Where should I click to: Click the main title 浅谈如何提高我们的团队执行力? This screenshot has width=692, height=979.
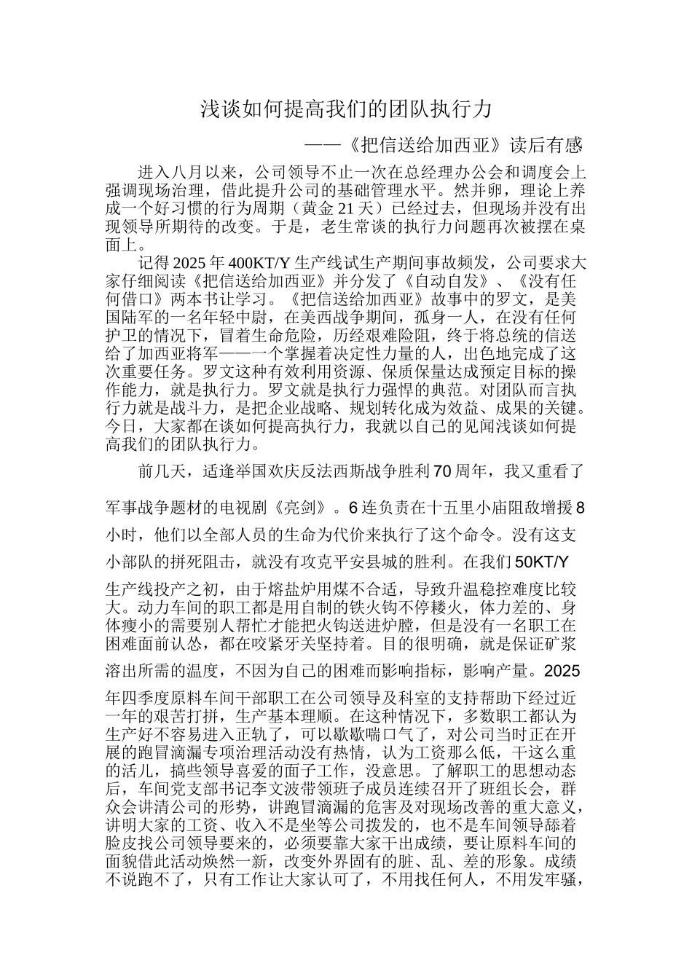pos(347,110)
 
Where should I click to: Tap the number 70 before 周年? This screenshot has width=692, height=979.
pos(444,471)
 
